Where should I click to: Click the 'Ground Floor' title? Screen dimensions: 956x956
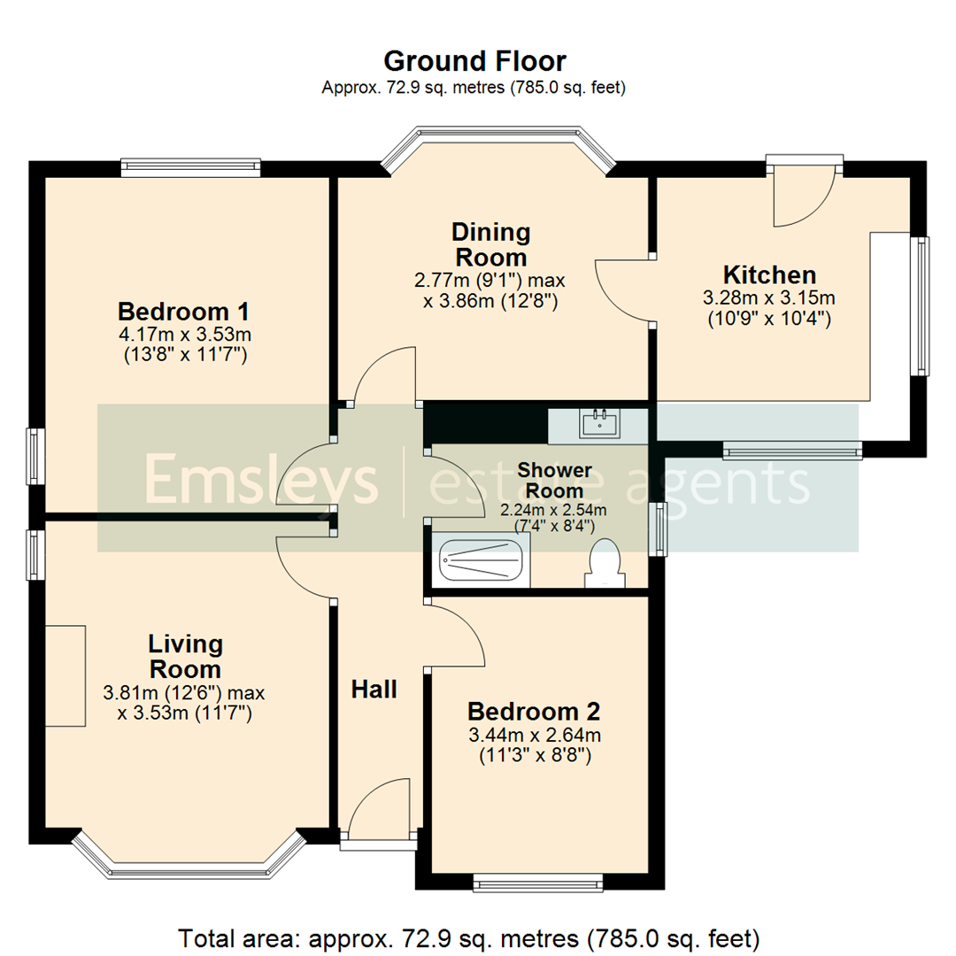tap(475, 62)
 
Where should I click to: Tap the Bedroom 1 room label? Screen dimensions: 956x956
tap(183, 312)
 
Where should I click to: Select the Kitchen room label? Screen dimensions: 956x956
tap(769, 275)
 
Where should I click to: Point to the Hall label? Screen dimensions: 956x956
tap(374, 690)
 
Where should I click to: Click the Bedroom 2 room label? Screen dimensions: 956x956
tap(534, 712)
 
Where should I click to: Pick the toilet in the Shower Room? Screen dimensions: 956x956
tap(605, 563)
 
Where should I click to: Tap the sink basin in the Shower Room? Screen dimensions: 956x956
tap(600, 423)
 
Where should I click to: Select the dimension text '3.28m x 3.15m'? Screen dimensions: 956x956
tap(769, 297)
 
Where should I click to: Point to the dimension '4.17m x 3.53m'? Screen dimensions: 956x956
tap(185, 334)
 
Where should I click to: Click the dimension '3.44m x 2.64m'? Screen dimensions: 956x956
tap(535, 735)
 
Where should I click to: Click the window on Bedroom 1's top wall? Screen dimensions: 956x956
tap(191, 167)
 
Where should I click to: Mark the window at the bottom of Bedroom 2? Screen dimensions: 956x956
tap(538, 883)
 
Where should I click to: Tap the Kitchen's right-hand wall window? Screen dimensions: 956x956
tap(920, 305)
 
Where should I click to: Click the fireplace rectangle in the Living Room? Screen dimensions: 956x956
tap(66, 675)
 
